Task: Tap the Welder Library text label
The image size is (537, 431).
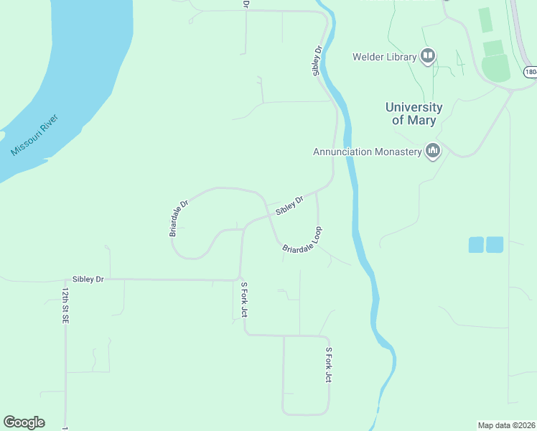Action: click(x=384, y=57)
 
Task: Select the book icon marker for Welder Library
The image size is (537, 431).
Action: click(x=429, y=56)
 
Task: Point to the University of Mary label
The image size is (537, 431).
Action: click(x=414, y=113)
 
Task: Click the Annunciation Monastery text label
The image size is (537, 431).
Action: click(x=366, y=152)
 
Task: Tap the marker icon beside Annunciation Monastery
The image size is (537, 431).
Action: click(x=432, y=151)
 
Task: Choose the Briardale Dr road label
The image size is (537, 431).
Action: click(x=179, y=218)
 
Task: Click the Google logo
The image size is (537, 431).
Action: click(x=24, y=422)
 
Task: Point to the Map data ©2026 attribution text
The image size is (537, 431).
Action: click(x=506, y=425)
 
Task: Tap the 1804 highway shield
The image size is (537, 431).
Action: click(x=530, y=72)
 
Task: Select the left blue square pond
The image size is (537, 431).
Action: click(x=476, y=244)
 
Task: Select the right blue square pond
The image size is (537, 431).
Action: click(x=495, y=244)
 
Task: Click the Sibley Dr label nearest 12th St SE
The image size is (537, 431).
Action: click(x=88, y=279)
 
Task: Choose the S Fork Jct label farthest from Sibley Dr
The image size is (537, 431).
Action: click(x=328, y=365)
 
